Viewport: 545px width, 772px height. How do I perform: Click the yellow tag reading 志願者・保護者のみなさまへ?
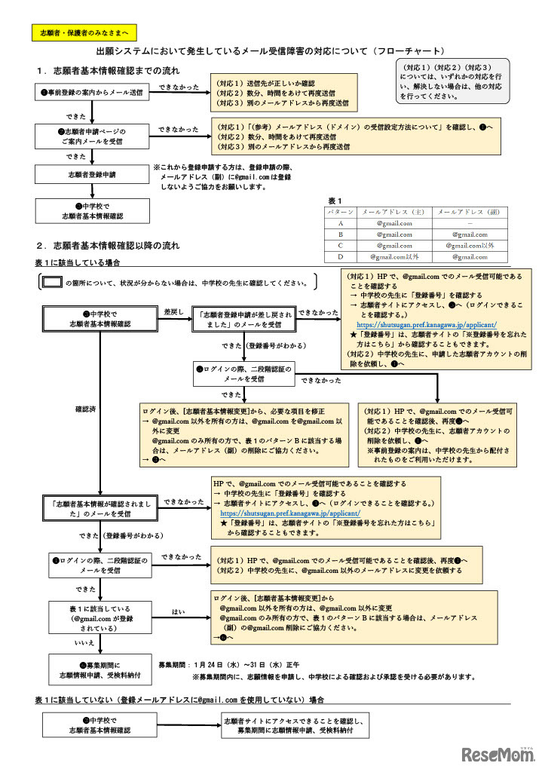tap(84, 32)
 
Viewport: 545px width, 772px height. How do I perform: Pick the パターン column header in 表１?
tap(341, 213)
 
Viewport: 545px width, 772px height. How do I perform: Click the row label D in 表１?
tap(341, 257)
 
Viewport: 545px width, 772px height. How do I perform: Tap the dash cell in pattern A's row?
tap(470, 223)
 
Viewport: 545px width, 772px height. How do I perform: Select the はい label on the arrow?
tap(178, 611)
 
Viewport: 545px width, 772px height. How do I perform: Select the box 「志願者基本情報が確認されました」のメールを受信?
tap(93, 507)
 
